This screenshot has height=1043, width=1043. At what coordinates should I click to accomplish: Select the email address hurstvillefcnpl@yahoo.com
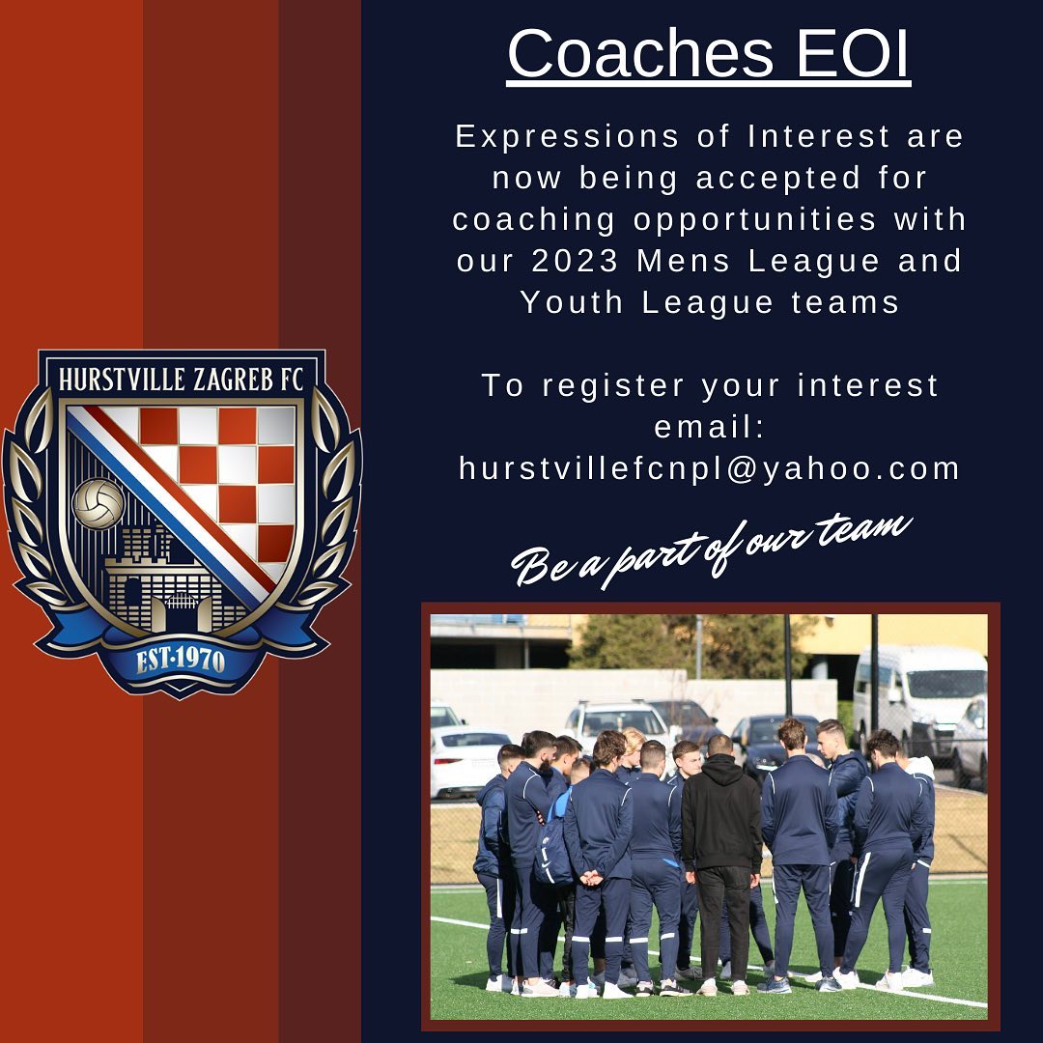pyautogui.click(x=710, y=468)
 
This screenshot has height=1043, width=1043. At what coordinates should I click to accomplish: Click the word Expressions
pyautogui.click(x=567, y=136)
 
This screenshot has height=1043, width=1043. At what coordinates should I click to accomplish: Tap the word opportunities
pyautogui.click(x=755, y=219)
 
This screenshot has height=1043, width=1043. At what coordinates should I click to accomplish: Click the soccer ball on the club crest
pyautogui.click(x=99, y=504)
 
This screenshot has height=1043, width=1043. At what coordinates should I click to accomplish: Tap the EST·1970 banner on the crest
pyautogui.click(x=182, y=660)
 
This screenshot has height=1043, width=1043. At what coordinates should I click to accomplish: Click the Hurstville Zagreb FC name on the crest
pyautogui.click(x=182, y=379)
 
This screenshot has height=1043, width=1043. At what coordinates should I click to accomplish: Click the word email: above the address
pyautogui.click(x=710, y=427)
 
